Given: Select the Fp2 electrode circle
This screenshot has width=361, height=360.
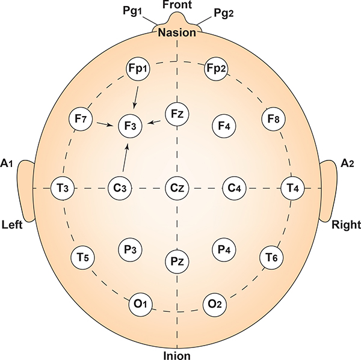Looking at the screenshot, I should (x=217, y=70).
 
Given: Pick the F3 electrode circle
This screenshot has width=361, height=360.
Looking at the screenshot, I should (x=131, y=126).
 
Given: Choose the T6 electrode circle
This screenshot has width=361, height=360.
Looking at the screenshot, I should (x=272, y=258).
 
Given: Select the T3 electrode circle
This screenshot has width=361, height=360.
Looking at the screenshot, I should (x=63, y=188).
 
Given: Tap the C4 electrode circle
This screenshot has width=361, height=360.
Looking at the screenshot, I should (x=234, y=188).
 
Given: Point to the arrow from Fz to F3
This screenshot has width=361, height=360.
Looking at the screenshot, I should (x=156, y=122).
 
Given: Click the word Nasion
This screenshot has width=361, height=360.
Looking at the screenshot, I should (x=177, y=33).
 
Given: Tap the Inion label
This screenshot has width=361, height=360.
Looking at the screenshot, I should (x=177, y=355).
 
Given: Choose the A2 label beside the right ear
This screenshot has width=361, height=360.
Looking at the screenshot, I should (x=347, y=162).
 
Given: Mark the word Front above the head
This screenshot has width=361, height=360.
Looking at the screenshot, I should (x=177, y=5).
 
